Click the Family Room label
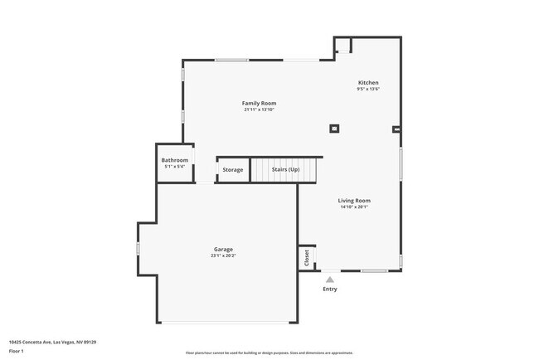(x=259, y=103)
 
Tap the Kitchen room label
(x=368, y=82)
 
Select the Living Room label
(x=354, y=200)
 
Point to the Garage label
(x=223, y=249)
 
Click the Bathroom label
(x=174, y=160)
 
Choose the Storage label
(x=233, y=170)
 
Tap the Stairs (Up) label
(x=285, y=170)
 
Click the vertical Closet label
(x=306, y=257)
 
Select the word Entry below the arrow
(x=330, y=289)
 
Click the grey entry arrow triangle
(x=330, y=280)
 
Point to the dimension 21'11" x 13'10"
(x=259, y=109)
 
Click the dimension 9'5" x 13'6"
(x=368, y=89)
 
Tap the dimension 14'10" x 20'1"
(x=354, y=207)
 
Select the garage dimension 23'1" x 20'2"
(x=223, y=255)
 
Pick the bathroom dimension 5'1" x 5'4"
(x=174, y=167)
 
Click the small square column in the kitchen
(x=334, y=128)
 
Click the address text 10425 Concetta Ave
(x=52, y=342)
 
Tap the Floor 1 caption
(x=17, y=351)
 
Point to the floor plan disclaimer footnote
(x=269, y=353)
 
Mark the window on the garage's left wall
(x=138, y=248)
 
